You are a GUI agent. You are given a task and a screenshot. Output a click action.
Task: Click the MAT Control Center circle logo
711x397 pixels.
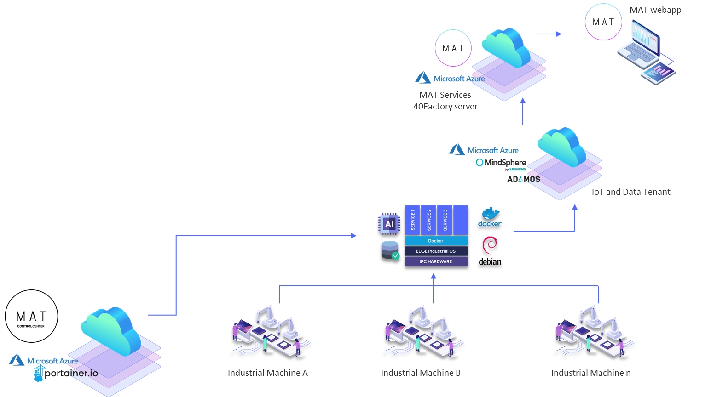31,316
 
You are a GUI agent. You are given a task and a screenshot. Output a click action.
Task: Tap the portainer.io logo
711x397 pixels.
66,374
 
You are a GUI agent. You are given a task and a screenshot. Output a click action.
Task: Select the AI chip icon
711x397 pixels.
389,224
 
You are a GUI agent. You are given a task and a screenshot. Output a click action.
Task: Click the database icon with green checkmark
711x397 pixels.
390,250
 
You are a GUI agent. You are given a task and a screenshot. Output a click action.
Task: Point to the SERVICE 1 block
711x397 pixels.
412,220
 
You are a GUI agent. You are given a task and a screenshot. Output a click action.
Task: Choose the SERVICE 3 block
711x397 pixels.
445,220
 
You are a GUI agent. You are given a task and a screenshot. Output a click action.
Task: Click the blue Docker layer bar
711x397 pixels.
436,241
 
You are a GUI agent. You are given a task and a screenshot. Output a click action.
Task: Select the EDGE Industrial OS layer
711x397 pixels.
436,251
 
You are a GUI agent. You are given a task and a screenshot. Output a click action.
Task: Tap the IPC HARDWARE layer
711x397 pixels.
436,261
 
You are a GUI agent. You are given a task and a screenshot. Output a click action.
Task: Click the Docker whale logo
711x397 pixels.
490,217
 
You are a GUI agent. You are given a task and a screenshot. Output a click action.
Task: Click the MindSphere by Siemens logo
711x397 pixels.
501,164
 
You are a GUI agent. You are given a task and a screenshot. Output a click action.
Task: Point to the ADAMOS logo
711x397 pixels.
524,179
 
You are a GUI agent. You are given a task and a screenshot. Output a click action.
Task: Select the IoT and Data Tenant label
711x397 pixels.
631,192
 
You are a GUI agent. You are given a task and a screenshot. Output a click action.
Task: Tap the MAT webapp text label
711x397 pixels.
655,10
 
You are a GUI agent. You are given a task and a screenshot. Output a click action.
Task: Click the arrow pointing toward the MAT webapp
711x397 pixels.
549,34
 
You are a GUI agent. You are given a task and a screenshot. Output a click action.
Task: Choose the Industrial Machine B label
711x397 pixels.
421,373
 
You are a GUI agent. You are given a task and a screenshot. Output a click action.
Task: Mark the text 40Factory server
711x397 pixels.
445,107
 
